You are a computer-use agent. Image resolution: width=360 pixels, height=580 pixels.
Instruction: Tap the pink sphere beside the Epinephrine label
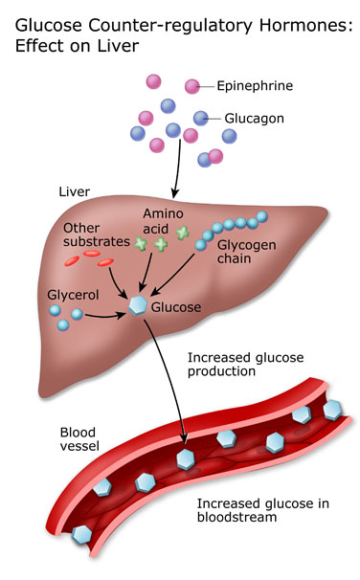[192, 86]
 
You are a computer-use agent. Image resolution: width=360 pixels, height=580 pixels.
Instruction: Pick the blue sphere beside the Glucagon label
[201, 118]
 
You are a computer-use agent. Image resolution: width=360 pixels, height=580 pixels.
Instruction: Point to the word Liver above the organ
[75, 191]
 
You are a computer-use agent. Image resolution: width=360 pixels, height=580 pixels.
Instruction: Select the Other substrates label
[94, 235]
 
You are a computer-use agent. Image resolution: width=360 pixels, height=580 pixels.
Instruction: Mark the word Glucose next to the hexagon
[178, 307]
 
